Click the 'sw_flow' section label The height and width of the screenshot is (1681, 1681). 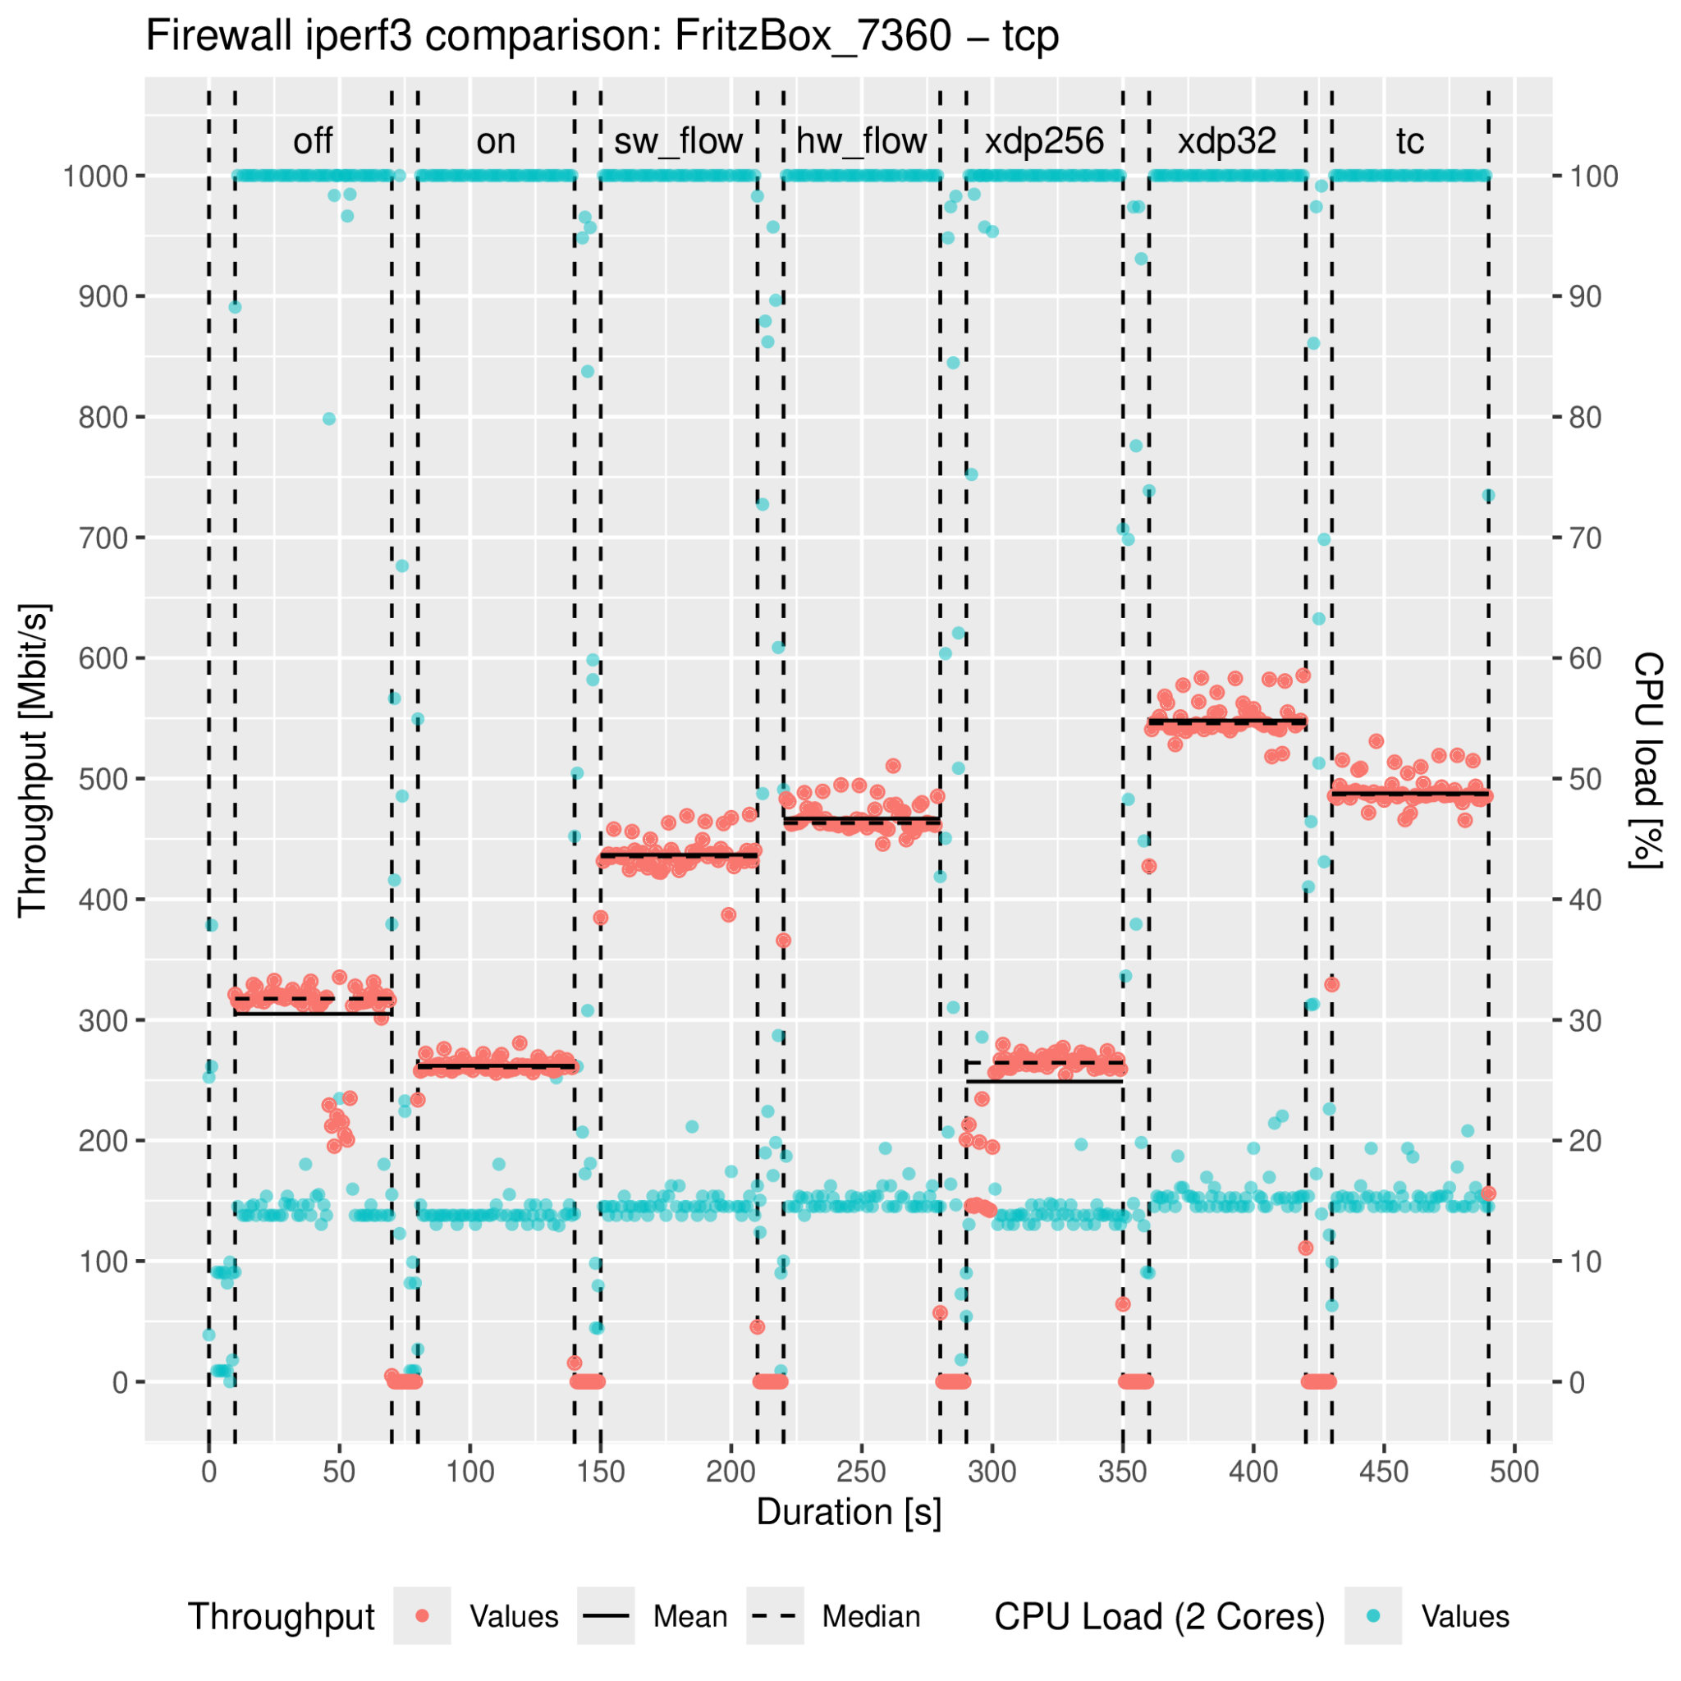[x=678, y=141]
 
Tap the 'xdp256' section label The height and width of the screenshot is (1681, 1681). [x=1044, y=141]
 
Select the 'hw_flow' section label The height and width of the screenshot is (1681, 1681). [x=861, y=141]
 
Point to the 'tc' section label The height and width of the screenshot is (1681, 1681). [x=1409, y=141]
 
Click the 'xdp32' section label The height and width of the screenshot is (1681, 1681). [x=1227, y=141]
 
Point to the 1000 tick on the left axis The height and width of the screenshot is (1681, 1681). [x=94, y=176]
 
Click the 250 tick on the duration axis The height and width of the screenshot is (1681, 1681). [x=861, y=1473]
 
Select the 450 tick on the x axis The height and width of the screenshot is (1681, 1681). [x=1383, y=1473]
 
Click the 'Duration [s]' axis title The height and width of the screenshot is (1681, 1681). [x=849, y=1513]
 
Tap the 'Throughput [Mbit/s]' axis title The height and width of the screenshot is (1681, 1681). [x=33, y=759]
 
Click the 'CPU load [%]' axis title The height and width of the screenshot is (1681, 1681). [x=1647, y=759]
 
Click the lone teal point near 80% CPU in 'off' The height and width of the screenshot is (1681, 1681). [x=329, y=419]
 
